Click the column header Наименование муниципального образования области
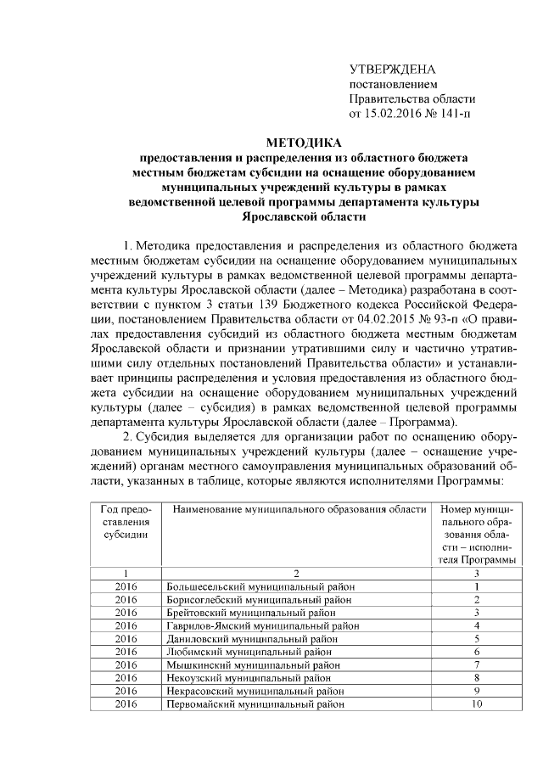(x=299, y=509)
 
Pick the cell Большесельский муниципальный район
(x=260, y=586)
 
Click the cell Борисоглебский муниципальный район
(x=260, y=599)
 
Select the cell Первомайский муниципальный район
(x=255, y=704)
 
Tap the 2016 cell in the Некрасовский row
(x=126, y=691)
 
